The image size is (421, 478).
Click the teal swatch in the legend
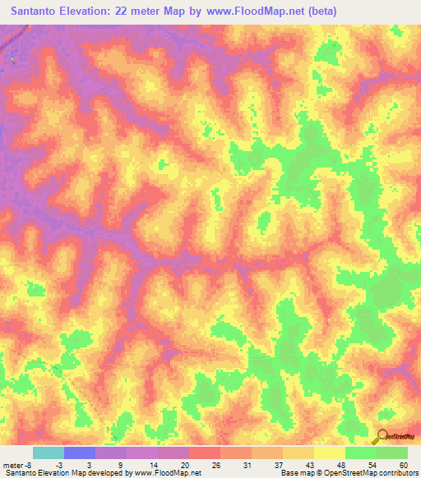click(x=49, y=453)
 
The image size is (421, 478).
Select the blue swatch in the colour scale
click(x=80, y=453)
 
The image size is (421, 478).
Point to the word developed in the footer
click(x=104, y=473)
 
